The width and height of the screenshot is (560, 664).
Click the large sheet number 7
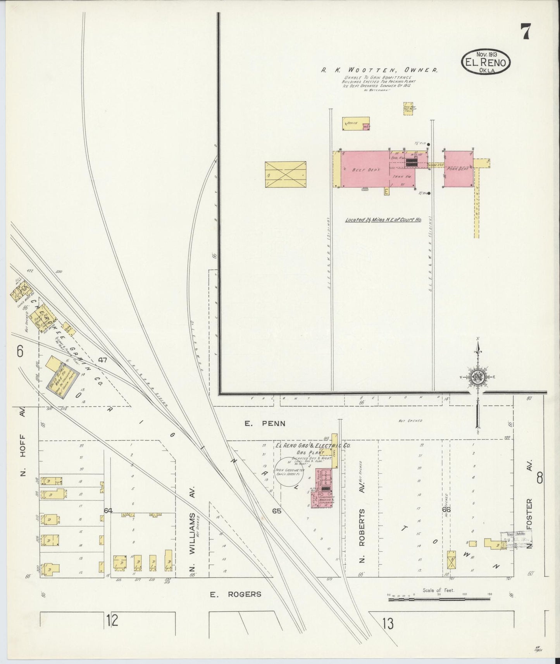(x=525, y=31)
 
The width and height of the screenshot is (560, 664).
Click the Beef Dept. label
(x=361, y=170)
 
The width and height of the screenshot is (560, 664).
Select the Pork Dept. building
(x=458, y=169)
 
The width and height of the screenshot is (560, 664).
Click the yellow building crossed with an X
(x=285, y=175)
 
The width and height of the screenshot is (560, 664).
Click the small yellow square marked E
(x=386, y=191)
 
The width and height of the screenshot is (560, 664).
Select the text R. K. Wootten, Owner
(x=379, y=71)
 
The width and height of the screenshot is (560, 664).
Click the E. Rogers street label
(x=236, y=594)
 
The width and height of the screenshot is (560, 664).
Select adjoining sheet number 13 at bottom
(x=387, y=624)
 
